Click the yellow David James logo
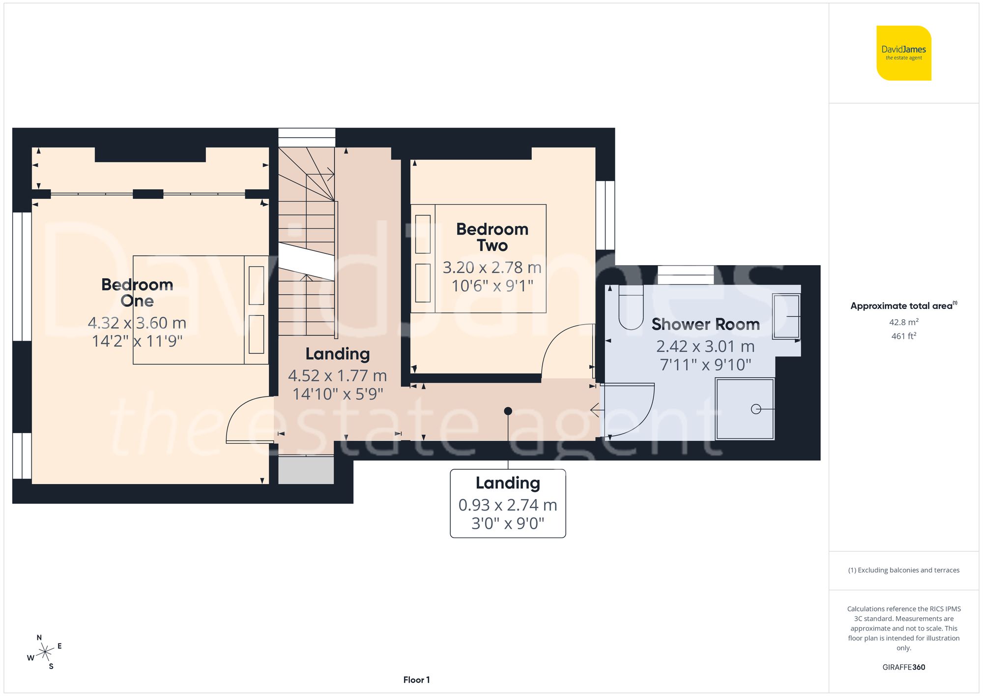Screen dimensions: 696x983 pyautogui.click(x=903, y=53)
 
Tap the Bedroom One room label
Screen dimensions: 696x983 pyautogui.click(x=137, y=293)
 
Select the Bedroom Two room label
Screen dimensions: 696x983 pyautogui.click(x=492, y=237)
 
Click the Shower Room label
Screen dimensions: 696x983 pyautogui.click(x=705, y=324)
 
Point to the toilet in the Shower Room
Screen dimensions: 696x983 pyautogui.click(x=631, y=308)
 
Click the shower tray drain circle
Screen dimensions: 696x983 pyautogui.click(x=756, y=409)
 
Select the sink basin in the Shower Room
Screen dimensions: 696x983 pyautogui.click(x=786, y=316)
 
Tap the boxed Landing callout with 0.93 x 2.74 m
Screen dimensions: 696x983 pyautogui.click(x=508, y=503)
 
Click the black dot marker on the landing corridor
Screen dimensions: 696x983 pyautogui.click(x=508, y=411)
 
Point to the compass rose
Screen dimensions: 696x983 pyautogui.click(x=45, y=653)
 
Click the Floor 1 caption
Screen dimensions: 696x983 pyautogui.click(x=416, y=680)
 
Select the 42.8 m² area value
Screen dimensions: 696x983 pyautogui.click(x=903, y=322)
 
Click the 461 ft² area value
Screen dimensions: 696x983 pyautogui.click(x=903, y=336)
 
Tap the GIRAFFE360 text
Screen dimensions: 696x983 pyautogui.click(x=903, y=667)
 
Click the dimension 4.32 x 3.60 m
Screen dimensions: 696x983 pyautogui.click(x=137, y=323)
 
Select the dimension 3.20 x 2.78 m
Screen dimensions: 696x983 pyautogui.click(x=492, y=268)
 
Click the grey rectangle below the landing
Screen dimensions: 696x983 pyautogui.click(x=306, y=470)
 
